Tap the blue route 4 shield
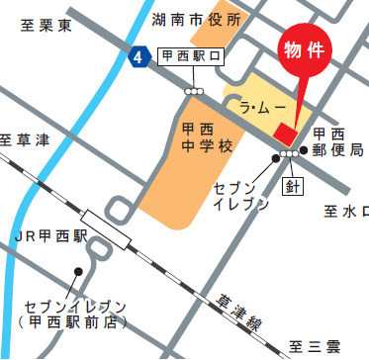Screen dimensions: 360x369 138,58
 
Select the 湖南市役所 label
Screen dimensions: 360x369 196,19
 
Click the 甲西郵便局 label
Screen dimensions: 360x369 336,141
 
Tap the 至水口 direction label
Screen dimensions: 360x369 345,211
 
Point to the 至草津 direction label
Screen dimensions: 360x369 25,139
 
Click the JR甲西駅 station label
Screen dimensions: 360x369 50,236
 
